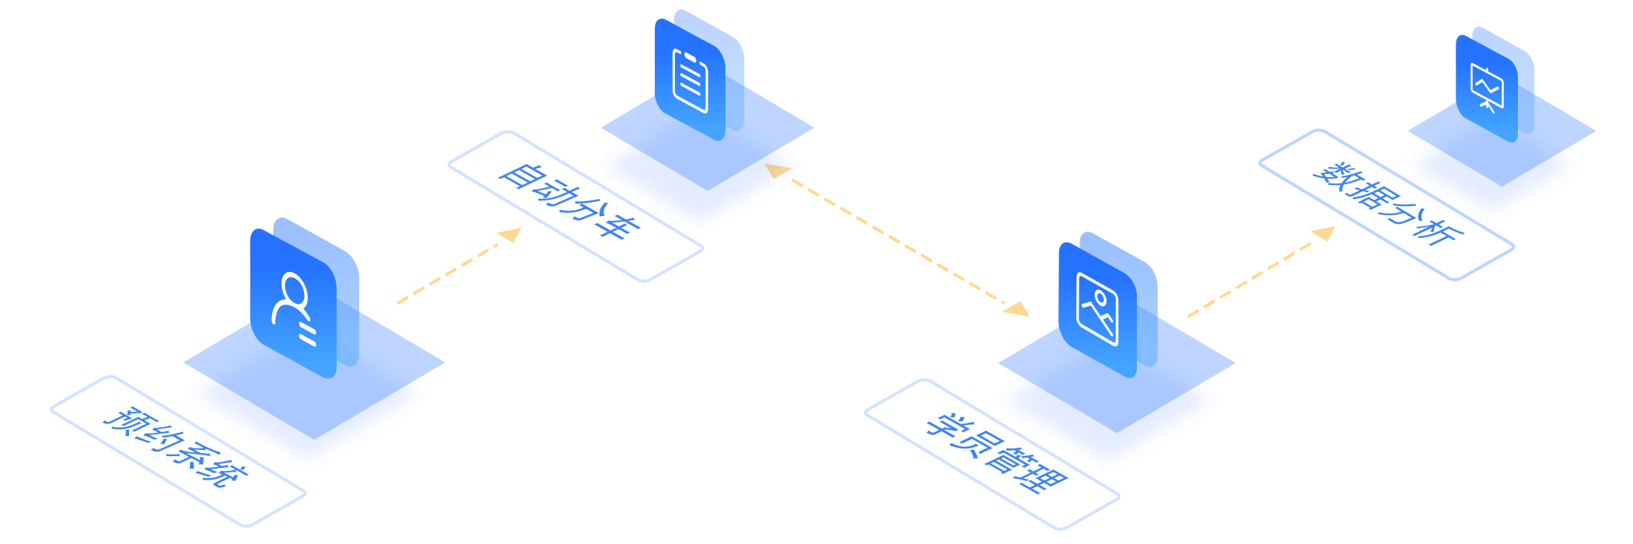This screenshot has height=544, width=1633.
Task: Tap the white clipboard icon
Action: pyautogui.click(x=691, y=80)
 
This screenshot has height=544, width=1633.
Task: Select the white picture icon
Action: pyautogui.click(x=1097, y=309)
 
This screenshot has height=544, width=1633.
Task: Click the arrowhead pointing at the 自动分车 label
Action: pyautogui.click(x=511, y=235)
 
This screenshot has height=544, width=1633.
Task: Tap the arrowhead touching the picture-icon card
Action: pyautogui.click(x=1016, y=309)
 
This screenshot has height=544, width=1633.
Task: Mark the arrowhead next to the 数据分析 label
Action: pyautogui.click(x=1325, y=232)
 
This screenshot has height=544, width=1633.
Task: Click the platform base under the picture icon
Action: pyautogui.click(x=1108, y=424)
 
